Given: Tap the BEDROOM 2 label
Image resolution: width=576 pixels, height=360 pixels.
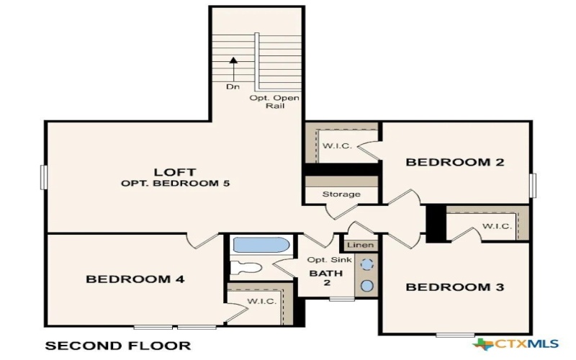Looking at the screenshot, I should click(454, 162).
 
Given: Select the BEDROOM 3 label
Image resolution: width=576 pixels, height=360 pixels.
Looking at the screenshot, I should click(454, 287).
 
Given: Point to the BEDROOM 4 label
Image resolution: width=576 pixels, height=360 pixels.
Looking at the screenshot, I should click(135, 279).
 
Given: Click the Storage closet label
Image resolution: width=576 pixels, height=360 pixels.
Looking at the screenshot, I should click(341, 194).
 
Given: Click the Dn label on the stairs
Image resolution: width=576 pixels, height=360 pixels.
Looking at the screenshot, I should click(233, 86).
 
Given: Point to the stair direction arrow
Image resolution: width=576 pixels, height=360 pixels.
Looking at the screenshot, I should click(233, 67).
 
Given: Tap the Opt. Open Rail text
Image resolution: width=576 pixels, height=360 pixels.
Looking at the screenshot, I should click(274, 102).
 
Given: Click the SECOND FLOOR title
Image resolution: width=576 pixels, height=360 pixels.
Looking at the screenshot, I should click(118, 346).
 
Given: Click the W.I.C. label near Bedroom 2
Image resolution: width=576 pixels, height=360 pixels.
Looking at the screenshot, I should click(337, 145).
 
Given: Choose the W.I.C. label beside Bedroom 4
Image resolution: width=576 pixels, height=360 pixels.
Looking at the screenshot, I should click(262, 301).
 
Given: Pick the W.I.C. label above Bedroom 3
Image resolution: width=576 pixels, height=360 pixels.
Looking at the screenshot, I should click(497, 226).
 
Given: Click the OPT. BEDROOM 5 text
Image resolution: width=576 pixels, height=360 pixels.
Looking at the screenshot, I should click(175, 184).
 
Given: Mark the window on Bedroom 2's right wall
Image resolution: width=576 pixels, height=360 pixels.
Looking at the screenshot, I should click(534, 184).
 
